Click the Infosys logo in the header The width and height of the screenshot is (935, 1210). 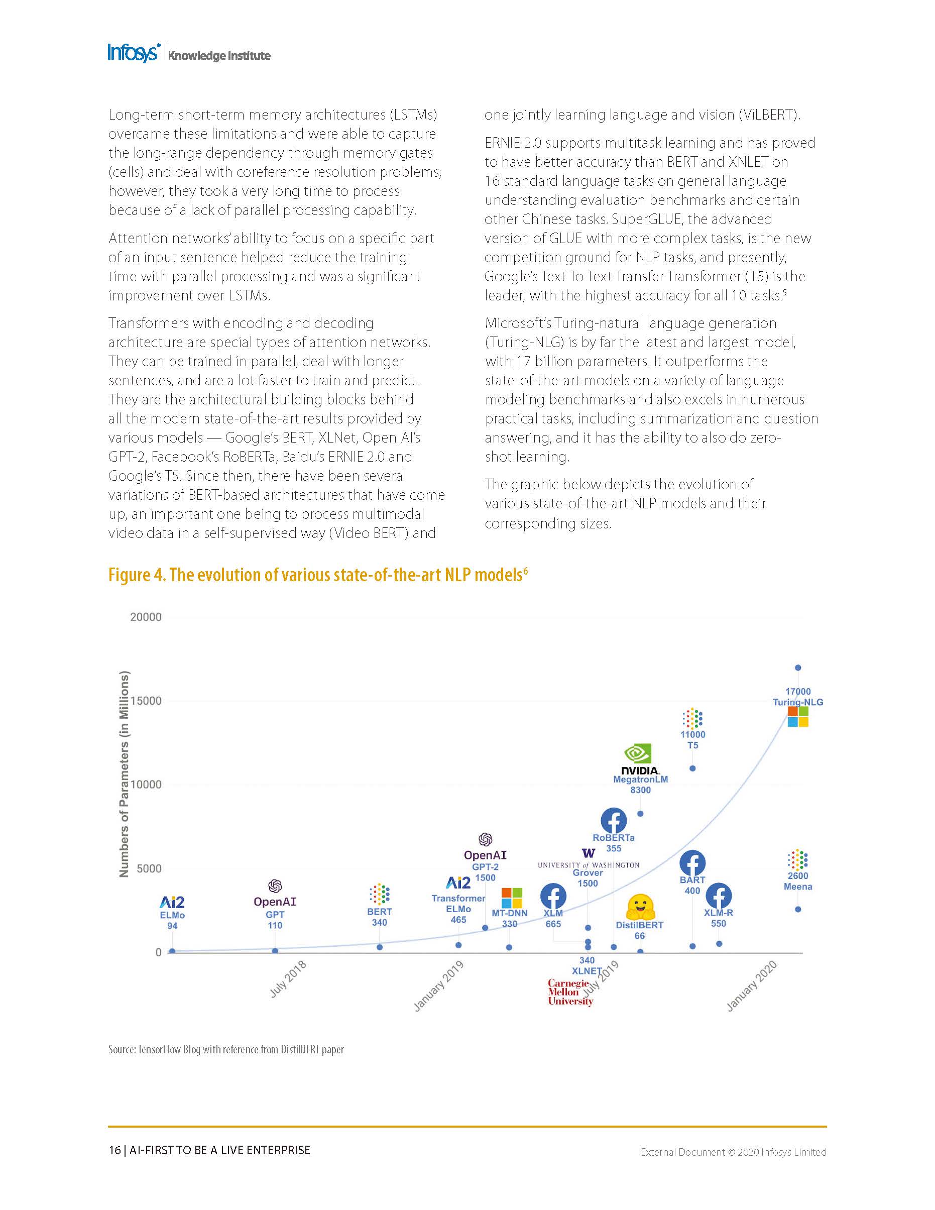coord(134,53)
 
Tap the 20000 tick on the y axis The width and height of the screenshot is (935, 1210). coord(146,617)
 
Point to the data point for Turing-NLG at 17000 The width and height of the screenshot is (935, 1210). coord(798,668)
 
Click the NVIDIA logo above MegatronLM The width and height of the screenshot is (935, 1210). coord(640,758)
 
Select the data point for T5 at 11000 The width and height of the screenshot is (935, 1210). coord(692,768)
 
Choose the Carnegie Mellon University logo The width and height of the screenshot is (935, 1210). coord(570,993)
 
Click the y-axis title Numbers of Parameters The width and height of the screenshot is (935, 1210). coord(124,774)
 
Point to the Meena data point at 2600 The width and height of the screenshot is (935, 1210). coord(798,909)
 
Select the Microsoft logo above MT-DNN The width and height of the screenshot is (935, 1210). coord(512,898)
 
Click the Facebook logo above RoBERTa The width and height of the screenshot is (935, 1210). coord(614,821)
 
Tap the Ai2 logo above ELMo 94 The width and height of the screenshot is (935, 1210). coord(172,902)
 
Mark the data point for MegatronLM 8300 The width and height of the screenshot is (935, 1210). coord(640,813)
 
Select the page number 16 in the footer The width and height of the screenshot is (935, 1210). coord(114,1150)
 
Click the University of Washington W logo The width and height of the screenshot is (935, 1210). coord(588,853)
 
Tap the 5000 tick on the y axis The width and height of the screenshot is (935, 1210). coord(149,868)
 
